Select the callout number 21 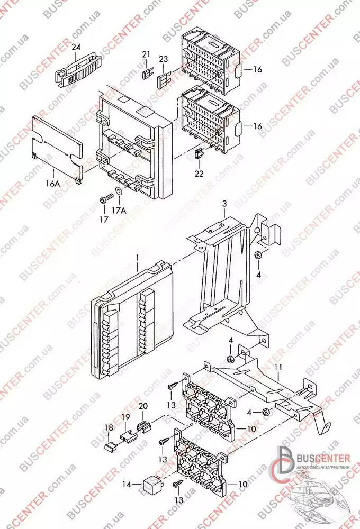click(x=146, y=55)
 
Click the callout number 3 click(x=224, y=204)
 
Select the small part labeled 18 click(x=111, y=445)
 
